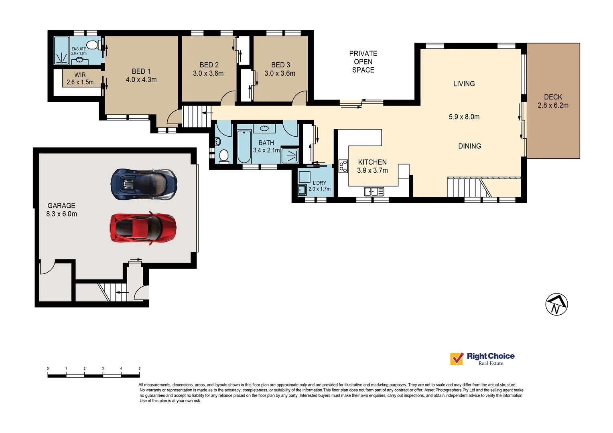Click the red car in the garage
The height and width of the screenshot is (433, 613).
143,228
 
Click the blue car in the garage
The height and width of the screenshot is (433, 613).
144,184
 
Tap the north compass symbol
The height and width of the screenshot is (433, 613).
556,304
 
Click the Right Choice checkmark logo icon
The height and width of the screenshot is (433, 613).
457,358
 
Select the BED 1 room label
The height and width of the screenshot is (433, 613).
141,71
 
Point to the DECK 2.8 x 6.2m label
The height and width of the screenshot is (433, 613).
553,101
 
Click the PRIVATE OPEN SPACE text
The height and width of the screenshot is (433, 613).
363,62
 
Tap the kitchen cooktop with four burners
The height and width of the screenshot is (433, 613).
343,166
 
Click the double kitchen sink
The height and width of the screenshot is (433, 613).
374,192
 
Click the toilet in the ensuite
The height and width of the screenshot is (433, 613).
92,45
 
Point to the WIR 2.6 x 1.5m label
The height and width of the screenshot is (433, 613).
80,79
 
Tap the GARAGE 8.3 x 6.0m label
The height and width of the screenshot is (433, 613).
61,210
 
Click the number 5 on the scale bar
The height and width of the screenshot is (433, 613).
139,368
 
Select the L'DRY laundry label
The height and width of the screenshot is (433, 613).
319,183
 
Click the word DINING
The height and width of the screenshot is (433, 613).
469,146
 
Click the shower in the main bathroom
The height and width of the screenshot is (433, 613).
290,156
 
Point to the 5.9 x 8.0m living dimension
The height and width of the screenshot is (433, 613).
464,117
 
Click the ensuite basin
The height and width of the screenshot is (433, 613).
79,61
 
